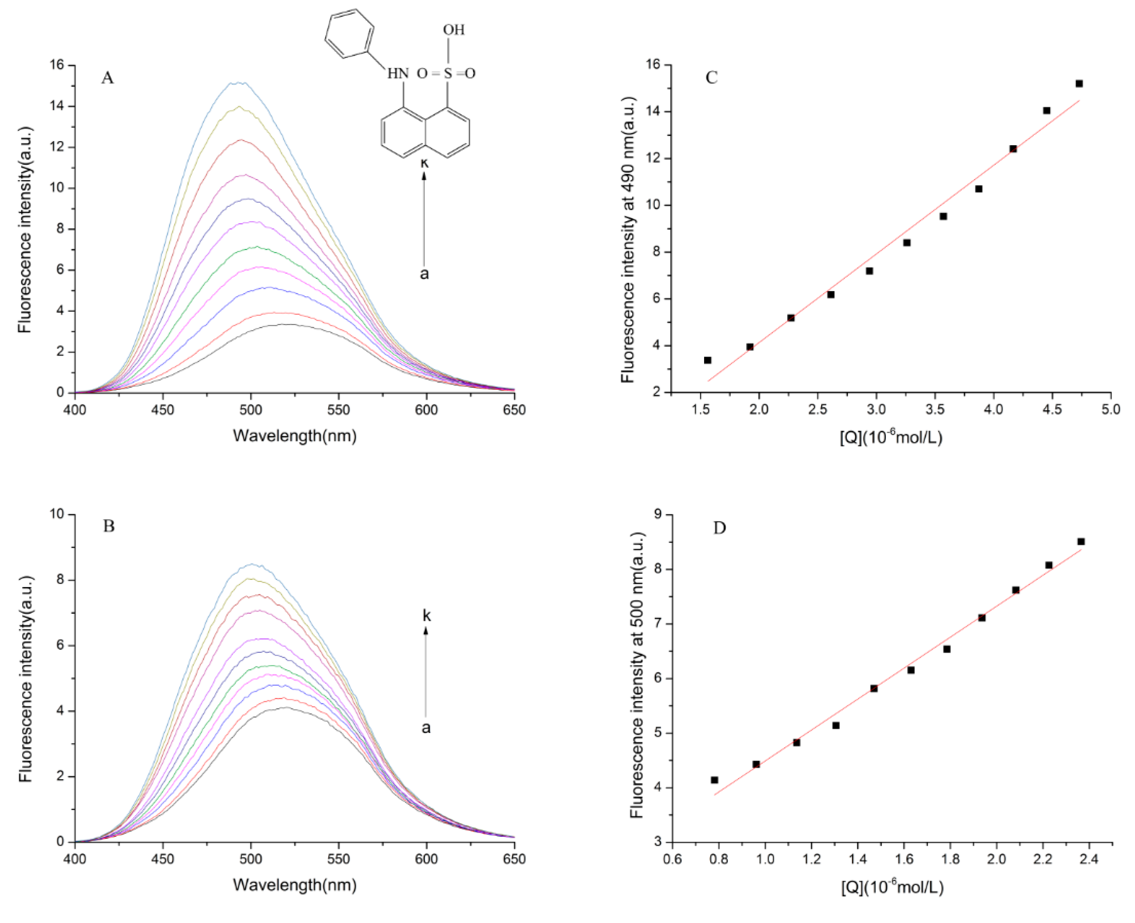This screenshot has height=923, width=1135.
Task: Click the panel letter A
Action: click(107, 78)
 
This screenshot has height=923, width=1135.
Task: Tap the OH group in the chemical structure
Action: click(453, 30)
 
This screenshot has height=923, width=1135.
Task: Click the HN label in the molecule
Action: click(398, 73)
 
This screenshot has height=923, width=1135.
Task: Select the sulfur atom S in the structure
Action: click(447, 73)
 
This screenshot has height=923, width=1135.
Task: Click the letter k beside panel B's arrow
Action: click(426, 616)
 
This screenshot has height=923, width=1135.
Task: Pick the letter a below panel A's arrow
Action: click(424, 274)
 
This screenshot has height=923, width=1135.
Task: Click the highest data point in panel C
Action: click(1079, 84)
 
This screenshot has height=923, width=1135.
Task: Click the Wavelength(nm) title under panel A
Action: click(295, 436)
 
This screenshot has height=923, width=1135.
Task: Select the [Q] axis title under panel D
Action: click(892, 887)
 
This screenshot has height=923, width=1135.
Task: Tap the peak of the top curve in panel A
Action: click(238, 82)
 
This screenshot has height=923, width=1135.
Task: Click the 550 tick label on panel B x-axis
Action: click(339, 859)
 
